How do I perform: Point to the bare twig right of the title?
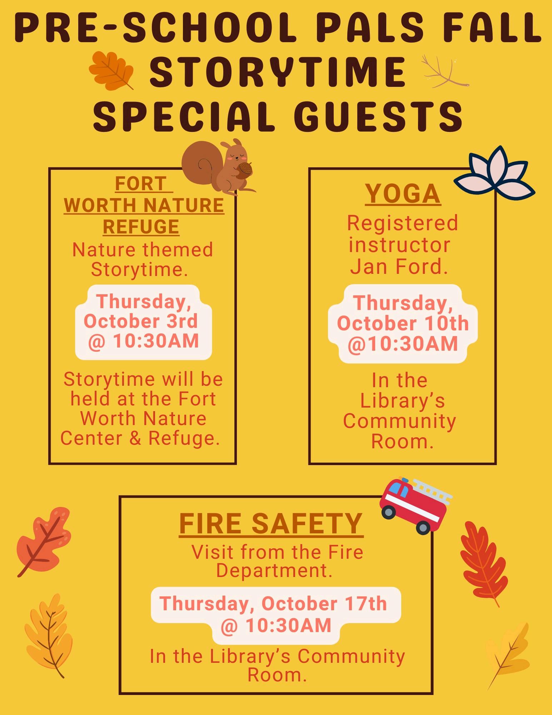click(444, 71)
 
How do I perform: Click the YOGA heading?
click(403, 194)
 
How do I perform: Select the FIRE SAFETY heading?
click(271, 524)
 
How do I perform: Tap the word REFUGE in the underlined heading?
click(141, 227)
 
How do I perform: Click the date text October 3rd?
click(141, 321)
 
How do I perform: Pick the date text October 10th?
click(403, 324)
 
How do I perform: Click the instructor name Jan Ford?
click(399, 267)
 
